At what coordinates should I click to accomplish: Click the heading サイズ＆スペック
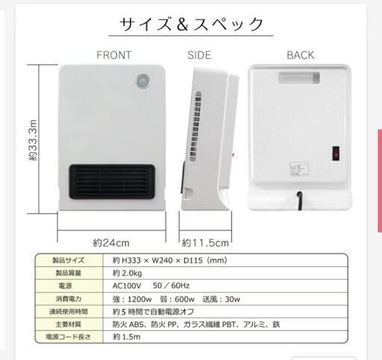pos(191,24)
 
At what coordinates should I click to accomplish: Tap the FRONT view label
pos(114,55)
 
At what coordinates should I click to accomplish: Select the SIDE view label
pos(199,55)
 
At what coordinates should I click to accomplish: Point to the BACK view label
pos(301,55)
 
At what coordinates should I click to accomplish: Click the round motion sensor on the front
pos(143,81)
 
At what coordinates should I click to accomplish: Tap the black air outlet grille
pos(112,182)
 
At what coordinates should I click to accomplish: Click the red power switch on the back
pos(336,154)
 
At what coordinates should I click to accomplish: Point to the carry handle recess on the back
pos(299,78)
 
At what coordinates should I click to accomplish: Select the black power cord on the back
pos(300,200)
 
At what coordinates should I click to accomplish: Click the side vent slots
pos(195,127)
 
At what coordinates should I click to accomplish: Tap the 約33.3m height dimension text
pos(33,140)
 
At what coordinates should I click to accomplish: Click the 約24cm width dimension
pos(111,243)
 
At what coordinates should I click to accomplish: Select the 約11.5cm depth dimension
pos(205,243)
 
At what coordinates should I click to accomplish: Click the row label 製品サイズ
pos(69,260)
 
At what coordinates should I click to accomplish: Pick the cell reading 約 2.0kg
pos(127,274)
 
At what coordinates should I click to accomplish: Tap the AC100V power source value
pos(127,285)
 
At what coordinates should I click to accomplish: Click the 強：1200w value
pos(132,299)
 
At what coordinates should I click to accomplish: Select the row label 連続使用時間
pos(69,312)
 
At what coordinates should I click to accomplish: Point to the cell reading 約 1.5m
pos(127,337)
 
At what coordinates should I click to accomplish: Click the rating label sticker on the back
pos(299,170)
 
